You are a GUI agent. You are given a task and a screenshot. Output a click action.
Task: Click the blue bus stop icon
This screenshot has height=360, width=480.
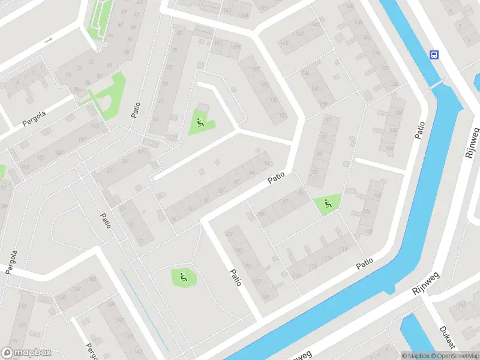pyautogui.click(x=434, y=55)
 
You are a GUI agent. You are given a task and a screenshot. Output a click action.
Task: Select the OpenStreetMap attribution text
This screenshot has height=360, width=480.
pyautogui.click(x=454, y=356)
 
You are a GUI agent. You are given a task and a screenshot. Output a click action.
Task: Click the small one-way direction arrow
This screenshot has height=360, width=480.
pyautogui.click(x=49, y=40)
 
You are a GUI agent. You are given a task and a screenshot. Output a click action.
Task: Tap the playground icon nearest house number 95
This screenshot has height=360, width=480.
pyautogui.click(x=326, y=203)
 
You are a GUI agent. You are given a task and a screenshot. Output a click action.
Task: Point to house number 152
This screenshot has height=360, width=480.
pyautogui.click(x=61, y=297)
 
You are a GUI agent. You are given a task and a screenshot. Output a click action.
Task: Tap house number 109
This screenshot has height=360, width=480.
pyautogui.click(x=266, y=296)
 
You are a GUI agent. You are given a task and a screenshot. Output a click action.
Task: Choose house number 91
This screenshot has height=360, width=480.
pyautogui.click(x=319, y=154)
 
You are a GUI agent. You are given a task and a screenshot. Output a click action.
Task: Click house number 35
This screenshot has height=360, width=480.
pyautogui.click(x=175, y=49)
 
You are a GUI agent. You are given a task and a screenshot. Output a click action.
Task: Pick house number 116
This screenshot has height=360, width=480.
pyautogui.click(x=343, y=248)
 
